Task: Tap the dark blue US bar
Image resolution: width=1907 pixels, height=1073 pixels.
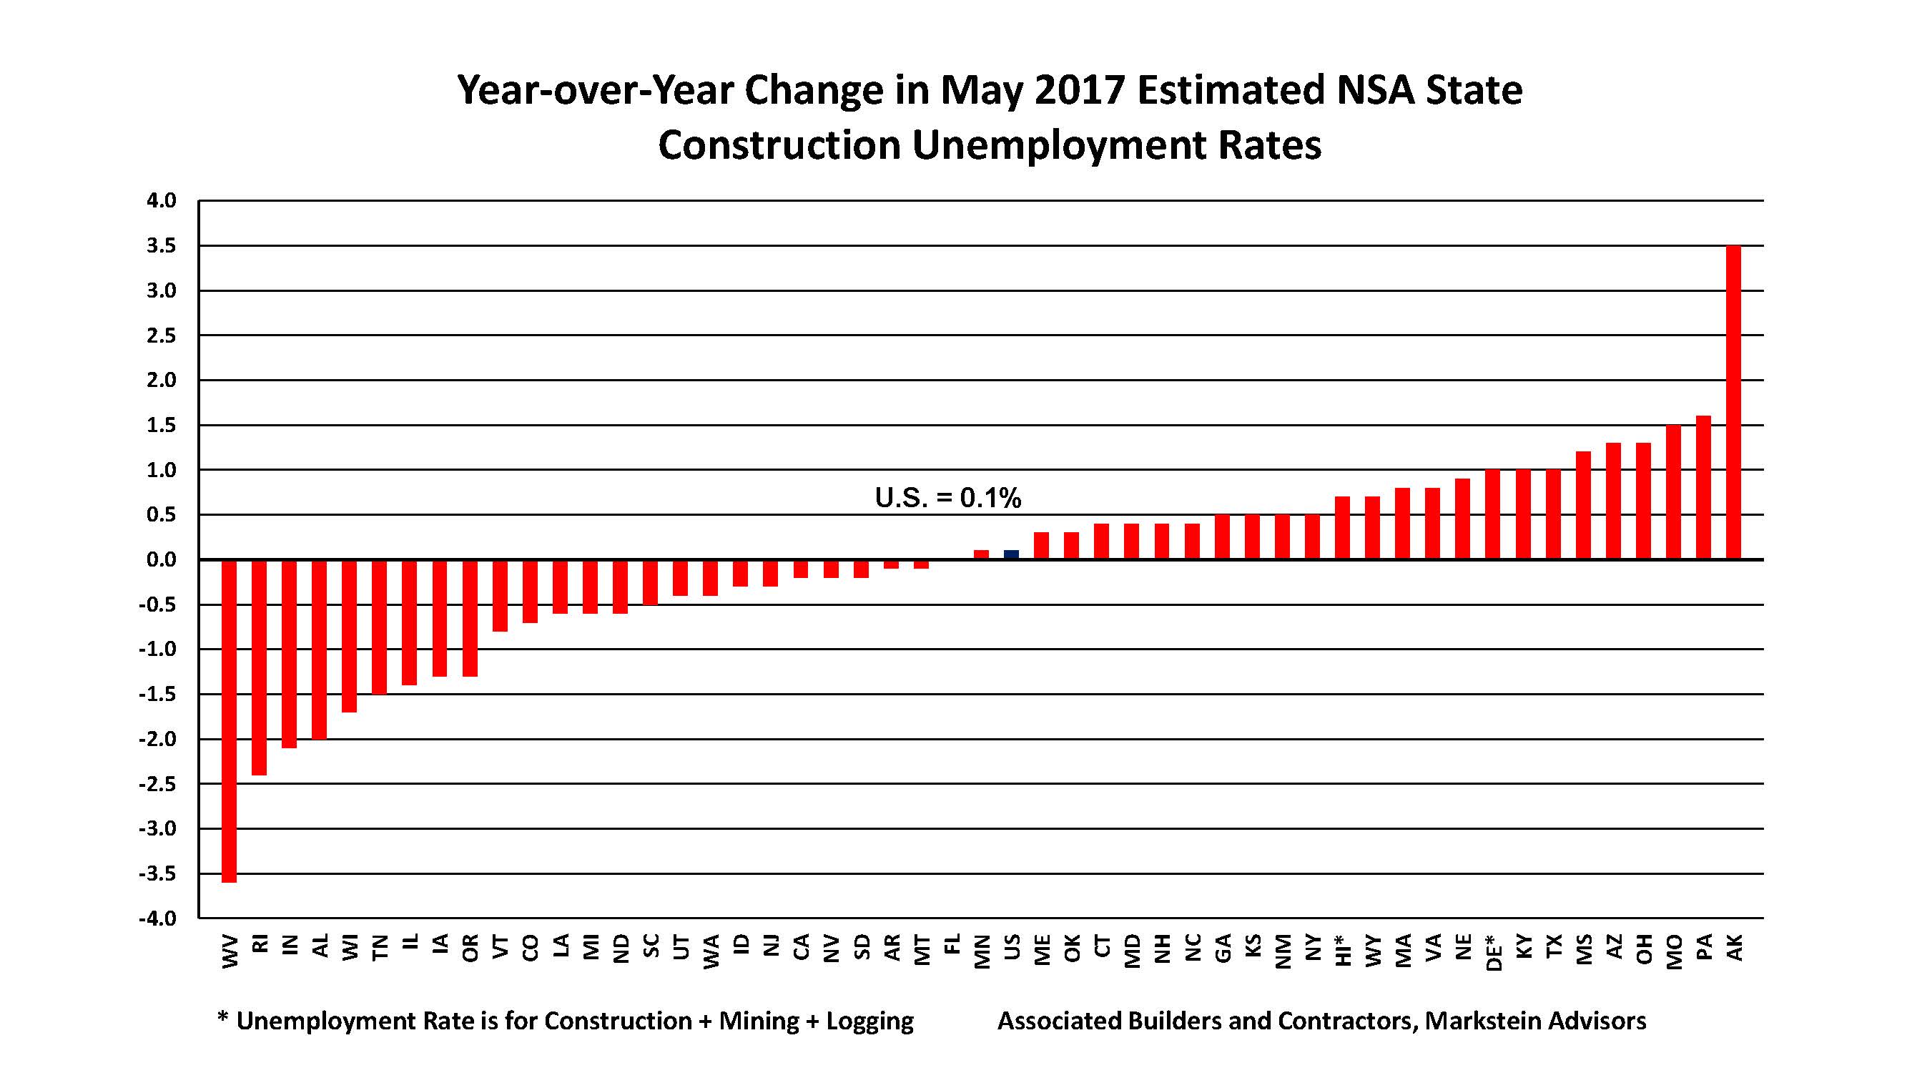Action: pyautogui.click(x=1011, y=554)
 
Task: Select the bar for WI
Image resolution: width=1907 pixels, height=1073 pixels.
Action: pyautogui.click(x=350, y=635)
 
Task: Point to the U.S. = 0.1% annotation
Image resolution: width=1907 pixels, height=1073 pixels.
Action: pyautogui.click(x=947, y=499)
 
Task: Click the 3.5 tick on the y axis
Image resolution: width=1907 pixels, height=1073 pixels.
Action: pyautogui.click(x=162, y=246)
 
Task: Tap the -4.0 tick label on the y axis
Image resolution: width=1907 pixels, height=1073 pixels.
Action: pyautogui.click(x=159, y=919)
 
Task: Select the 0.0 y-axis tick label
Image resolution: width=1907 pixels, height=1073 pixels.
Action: pyautogui.click(x=162, y=560)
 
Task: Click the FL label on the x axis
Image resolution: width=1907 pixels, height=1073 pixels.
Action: pyautogui.click(x=952, y=944)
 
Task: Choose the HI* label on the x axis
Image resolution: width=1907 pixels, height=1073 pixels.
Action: pyautogui.click(x=1343, y=950)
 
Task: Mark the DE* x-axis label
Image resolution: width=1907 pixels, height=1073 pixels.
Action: pyautogui.click(x=1494, y=951)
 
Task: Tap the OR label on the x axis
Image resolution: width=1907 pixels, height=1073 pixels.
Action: pyautogui.click(x=469, y=947)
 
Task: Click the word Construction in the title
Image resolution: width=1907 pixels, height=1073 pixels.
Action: pyautogui.click(x=779, y=146)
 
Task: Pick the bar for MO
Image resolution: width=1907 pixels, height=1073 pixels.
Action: pyautogui.click(x=1673, y=491)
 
